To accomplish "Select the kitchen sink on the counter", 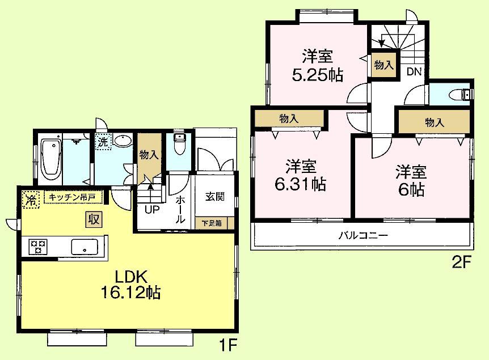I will coord(84,247).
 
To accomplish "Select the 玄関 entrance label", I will coord(214,197).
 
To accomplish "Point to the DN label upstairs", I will coord(414,72).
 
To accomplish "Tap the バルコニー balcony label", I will coord(363,236).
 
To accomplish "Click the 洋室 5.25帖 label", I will coord(318,66).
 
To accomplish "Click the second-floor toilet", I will coord(461,94).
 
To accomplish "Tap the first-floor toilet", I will coord(179,144).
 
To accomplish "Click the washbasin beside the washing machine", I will coord(121,141).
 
